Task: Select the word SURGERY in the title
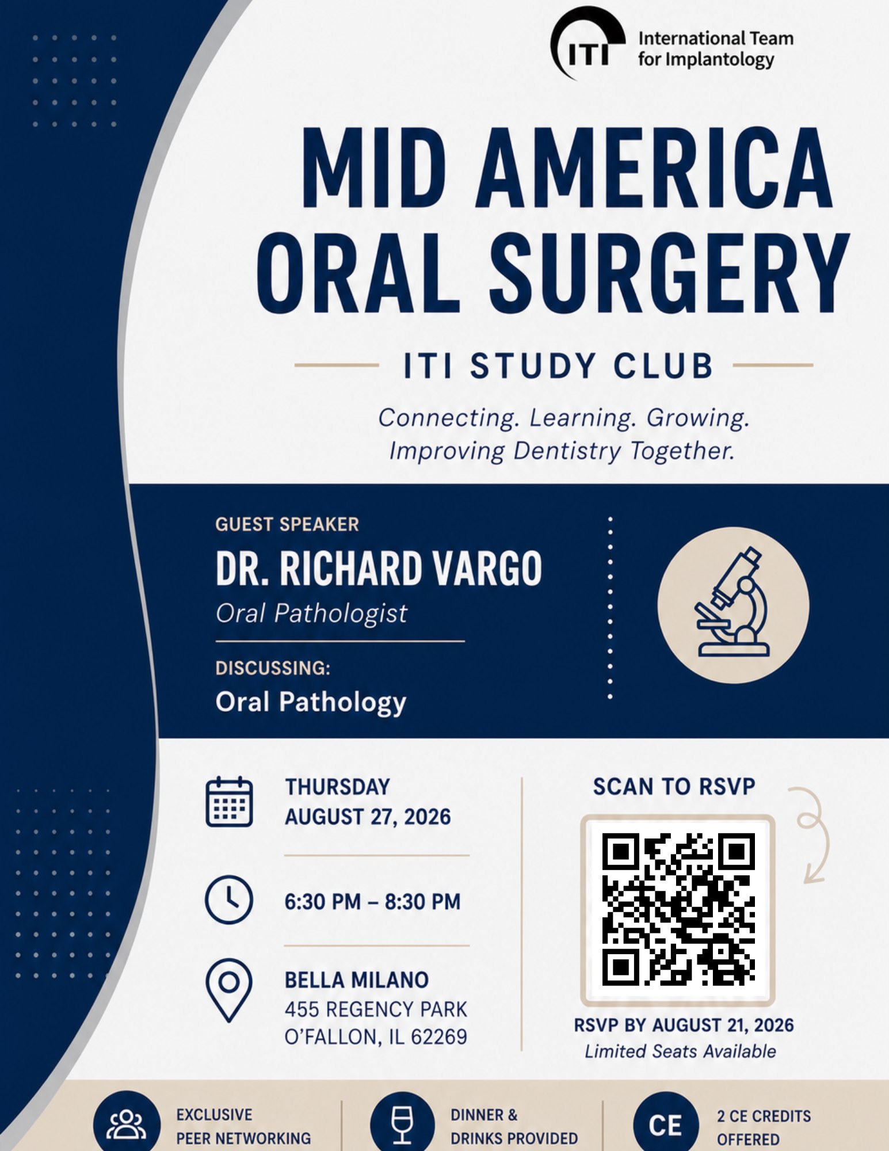click(669, 274)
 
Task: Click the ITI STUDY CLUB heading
click(558, 366)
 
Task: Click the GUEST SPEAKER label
click(287, 524)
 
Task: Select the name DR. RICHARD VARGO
click(379, 569)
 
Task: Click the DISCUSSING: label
click(273, 668)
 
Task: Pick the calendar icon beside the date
click(229, 802)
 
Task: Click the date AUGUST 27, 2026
click(368, 817)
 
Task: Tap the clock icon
click(228, 900)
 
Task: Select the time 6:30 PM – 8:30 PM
click(372, 902)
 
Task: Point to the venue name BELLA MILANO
click(357, 980)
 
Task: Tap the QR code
click(678, 910)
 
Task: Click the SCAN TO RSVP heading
click(674, 787)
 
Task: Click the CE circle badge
click(665, 1125)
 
